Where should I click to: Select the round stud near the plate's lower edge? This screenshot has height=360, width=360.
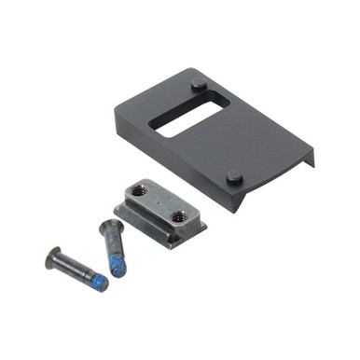click(x=234, y=175)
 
